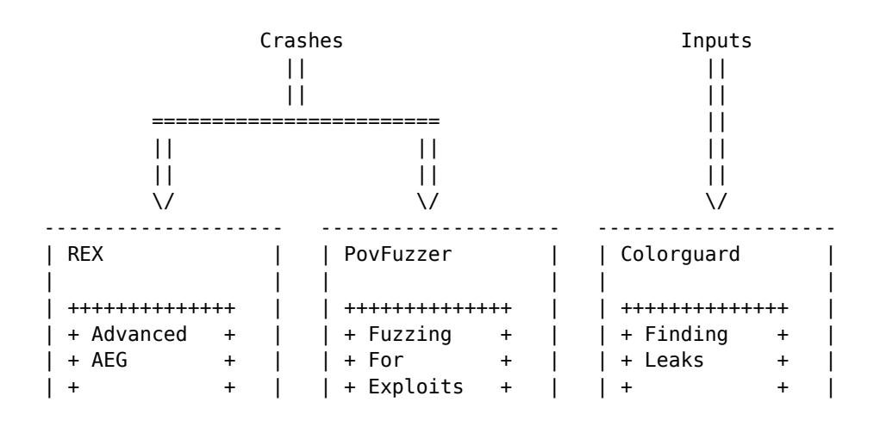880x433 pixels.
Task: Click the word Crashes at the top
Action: point(301,41)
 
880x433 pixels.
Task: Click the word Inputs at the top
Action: point(715,41)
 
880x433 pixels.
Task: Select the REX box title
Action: point(82,255)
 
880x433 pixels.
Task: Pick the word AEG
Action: point(107,360)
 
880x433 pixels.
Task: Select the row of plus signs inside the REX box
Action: point(153,307)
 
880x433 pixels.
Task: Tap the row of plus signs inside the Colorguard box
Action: point(705,307)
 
